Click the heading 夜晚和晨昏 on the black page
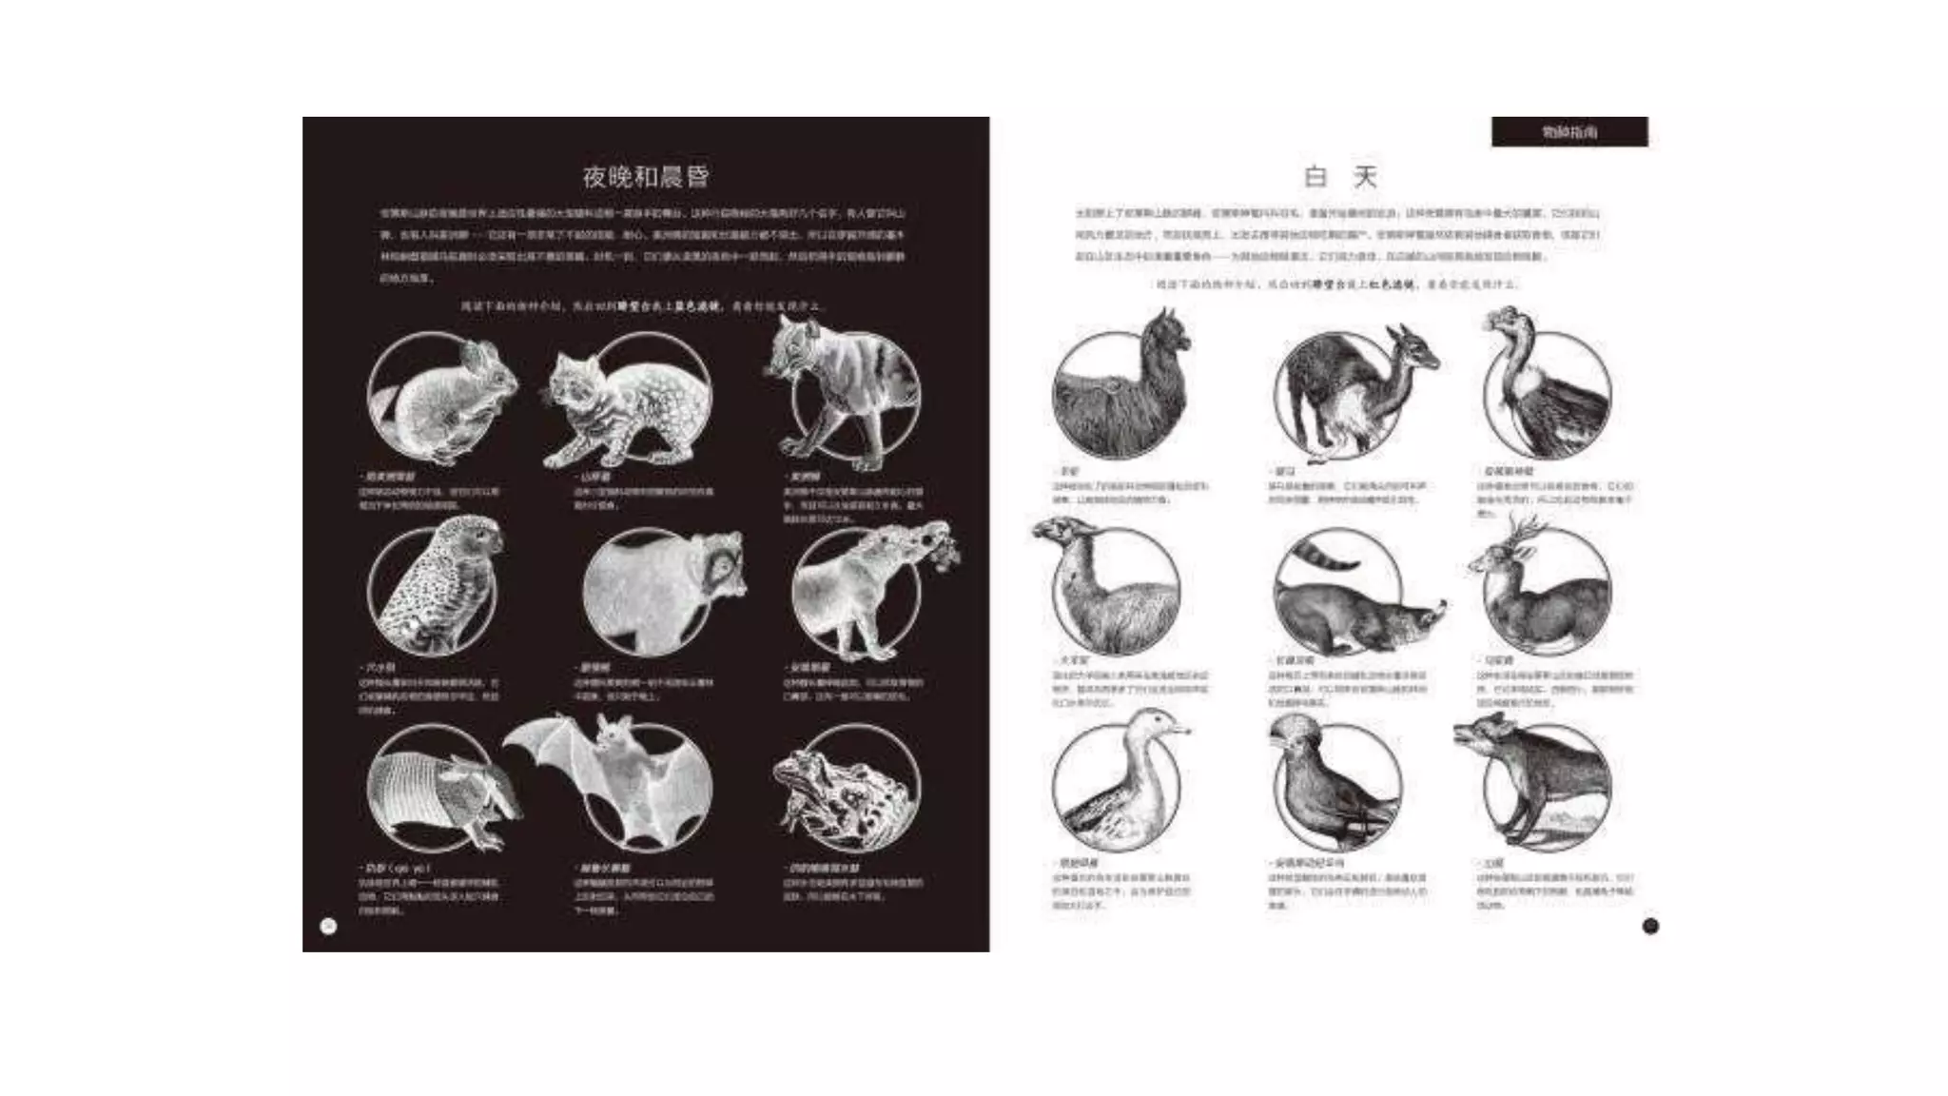point(646,177)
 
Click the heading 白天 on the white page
point(1340,177)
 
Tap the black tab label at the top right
point(1569,132)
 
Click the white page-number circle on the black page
point(329,926)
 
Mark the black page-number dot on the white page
point(1650,926)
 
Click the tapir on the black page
point(861,590)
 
